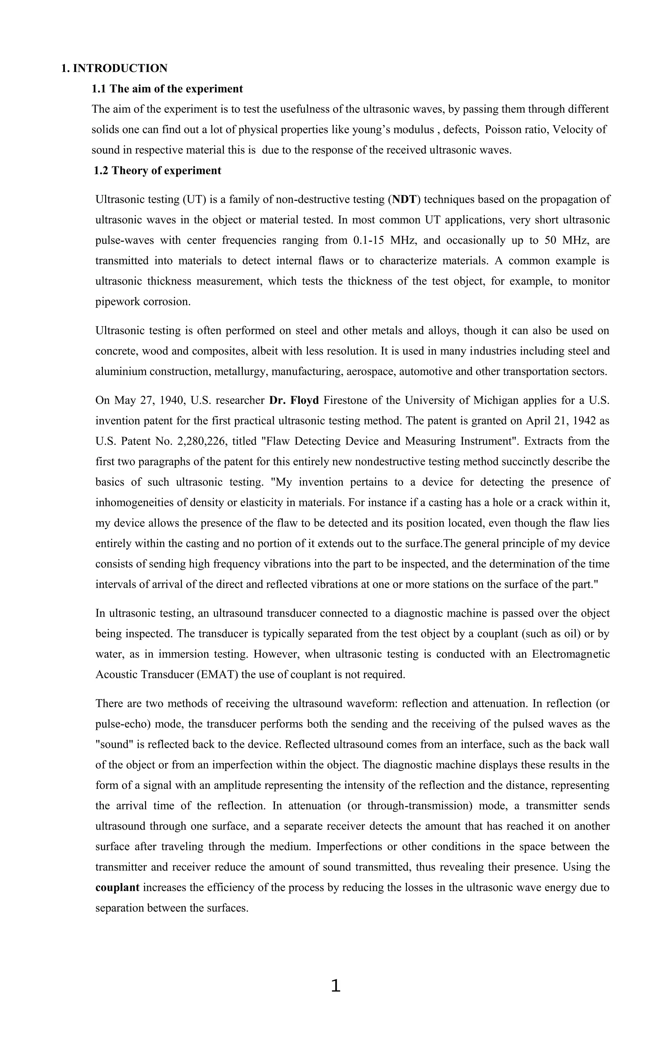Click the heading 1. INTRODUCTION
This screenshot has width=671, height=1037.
coord(114,68)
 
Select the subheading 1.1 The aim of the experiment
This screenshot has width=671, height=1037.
coord(167,89)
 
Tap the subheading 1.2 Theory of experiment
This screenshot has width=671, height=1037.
coord(157,171)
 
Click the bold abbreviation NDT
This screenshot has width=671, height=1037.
coord(404,200)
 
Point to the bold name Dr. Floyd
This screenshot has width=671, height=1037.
coord(294,400)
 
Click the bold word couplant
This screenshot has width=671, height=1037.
coord(117,888)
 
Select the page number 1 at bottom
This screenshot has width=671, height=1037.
coord(335,986)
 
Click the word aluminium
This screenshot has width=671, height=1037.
coord(121,372)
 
